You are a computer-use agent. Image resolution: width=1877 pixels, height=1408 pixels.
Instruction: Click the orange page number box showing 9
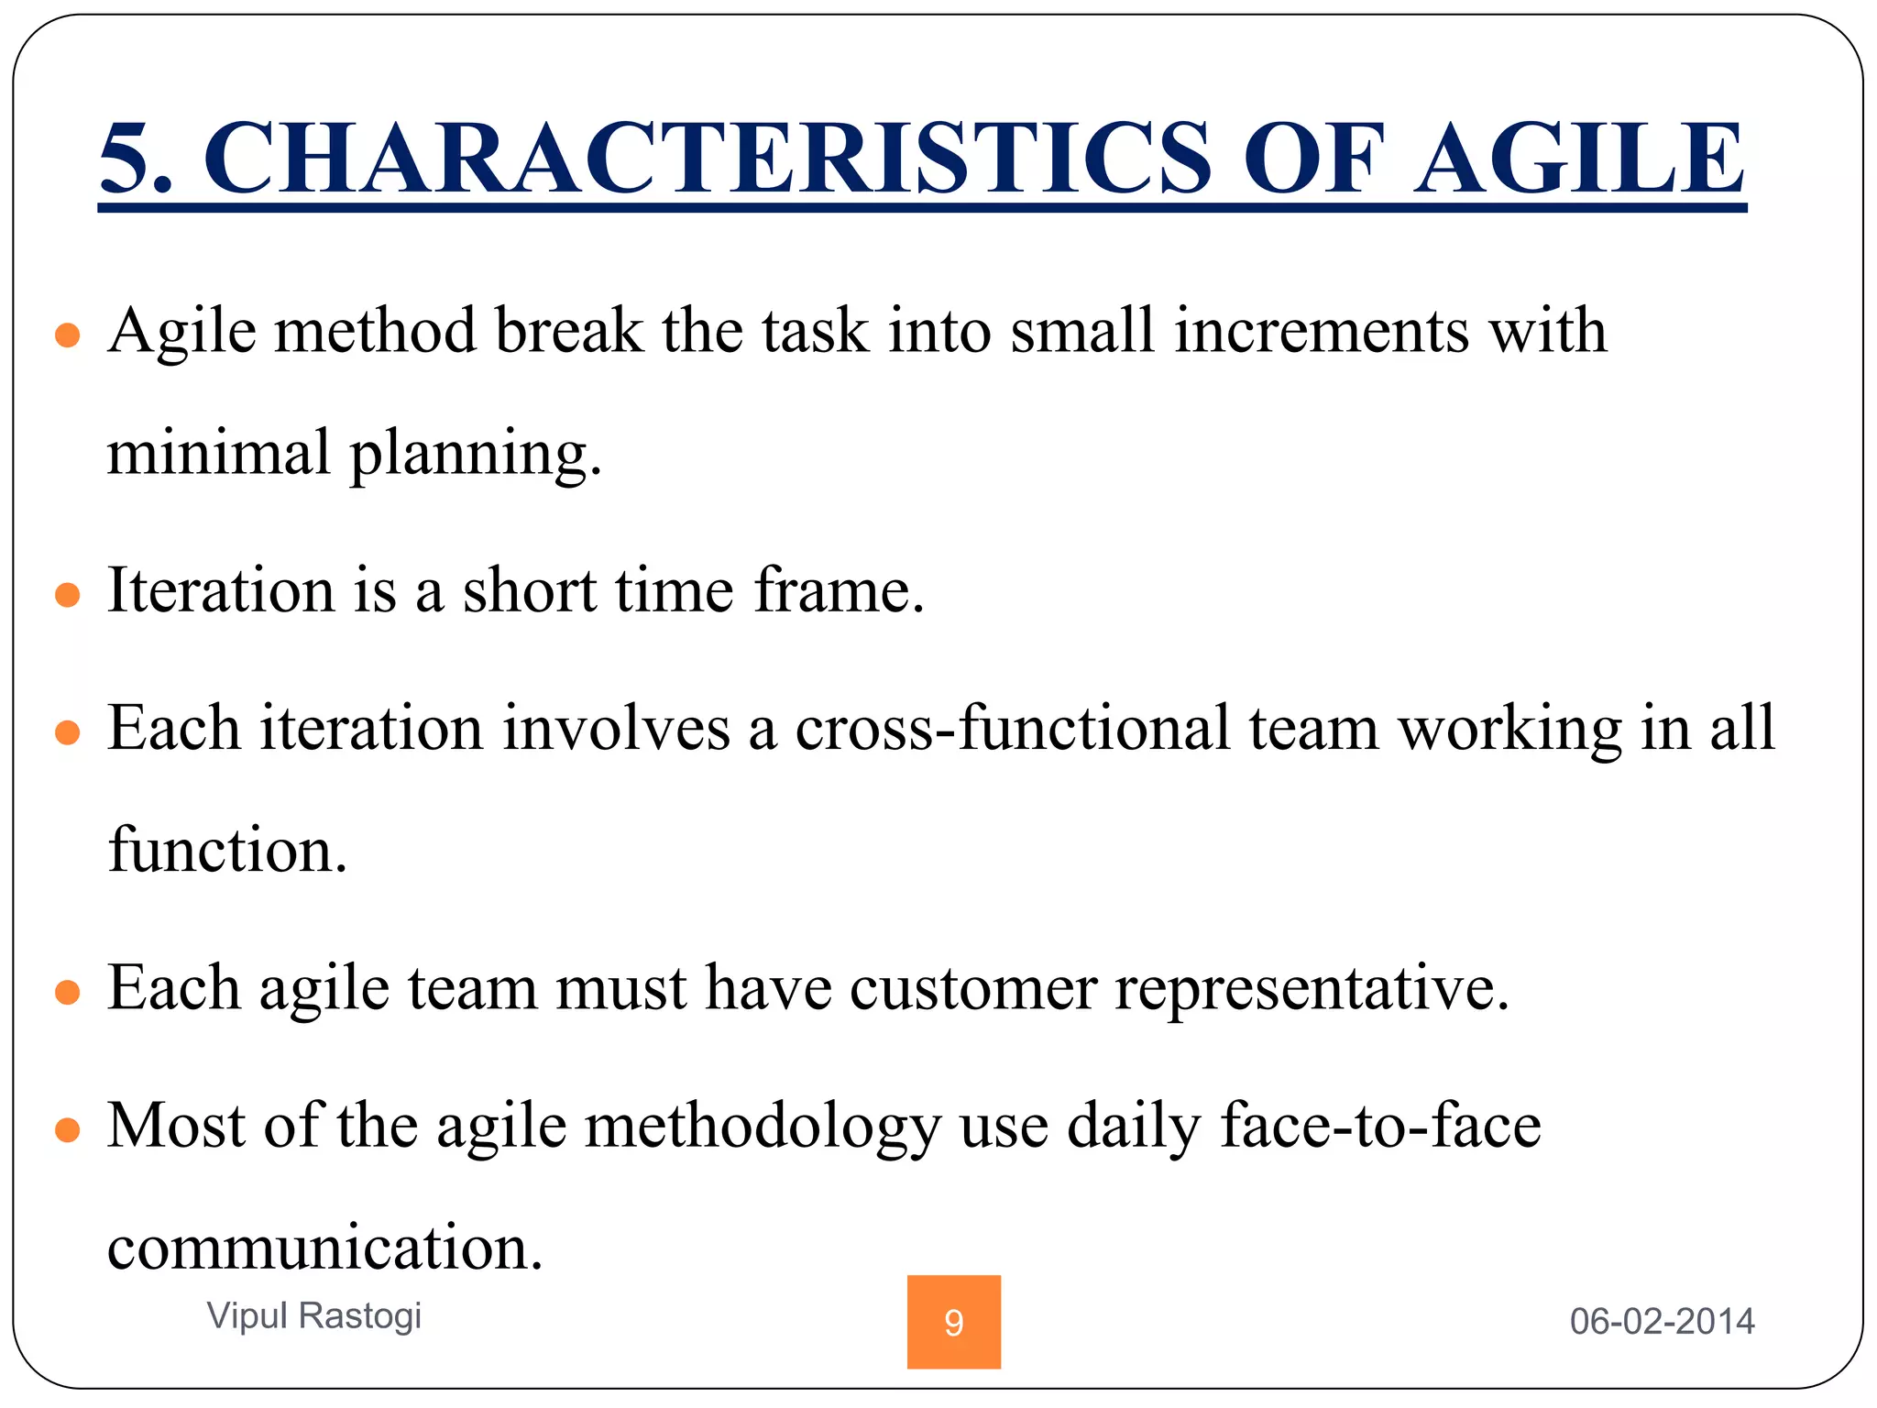pos(953,1322)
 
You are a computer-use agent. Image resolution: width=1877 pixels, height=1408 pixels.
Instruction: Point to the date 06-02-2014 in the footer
pos(1662,1321)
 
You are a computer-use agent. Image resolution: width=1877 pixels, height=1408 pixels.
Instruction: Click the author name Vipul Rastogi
pos(313,1314)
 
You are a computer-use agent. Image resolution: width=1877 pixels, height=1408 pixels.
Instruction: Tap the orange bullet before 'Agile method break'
pos(68,335)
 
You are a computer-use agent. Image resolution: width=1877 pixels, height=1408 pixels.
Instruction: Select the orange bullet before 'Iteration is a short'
pos(68,596)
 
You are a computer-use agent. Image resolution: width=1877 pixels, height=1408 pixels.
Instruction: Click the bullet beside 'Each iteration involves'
pos(68,733)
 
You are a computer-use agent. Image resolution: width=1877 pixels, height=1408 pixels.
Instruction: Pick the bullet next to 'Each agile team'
pos(68,993)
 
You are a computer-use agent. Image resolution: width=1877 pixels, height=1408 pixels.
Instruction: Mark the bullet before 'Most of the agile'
pos(68,1130)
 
